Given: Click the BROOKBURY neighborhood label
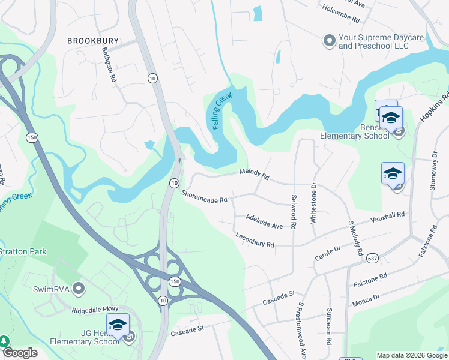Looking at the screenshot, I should [x=90, y=41].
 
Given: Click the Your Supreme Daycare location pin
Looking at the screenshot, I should [x=328, y=41].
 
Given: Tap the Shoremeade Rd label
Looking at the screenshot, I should [x=205, y=196].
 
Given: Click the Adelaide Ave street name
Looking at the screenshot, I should [x=264, y=221].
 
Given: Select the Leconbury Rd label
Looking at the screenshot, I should [x=255, y=240].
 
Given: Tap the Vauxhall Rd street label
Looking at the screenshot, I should [x=388, y=216].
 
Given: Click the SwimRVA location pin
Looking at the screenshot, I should [x=77, y=289].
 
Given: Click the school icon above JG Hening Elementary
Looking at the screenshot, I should [x=118, y=325].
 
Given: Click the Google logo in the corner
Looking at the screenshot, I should [x=19, y=353].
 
